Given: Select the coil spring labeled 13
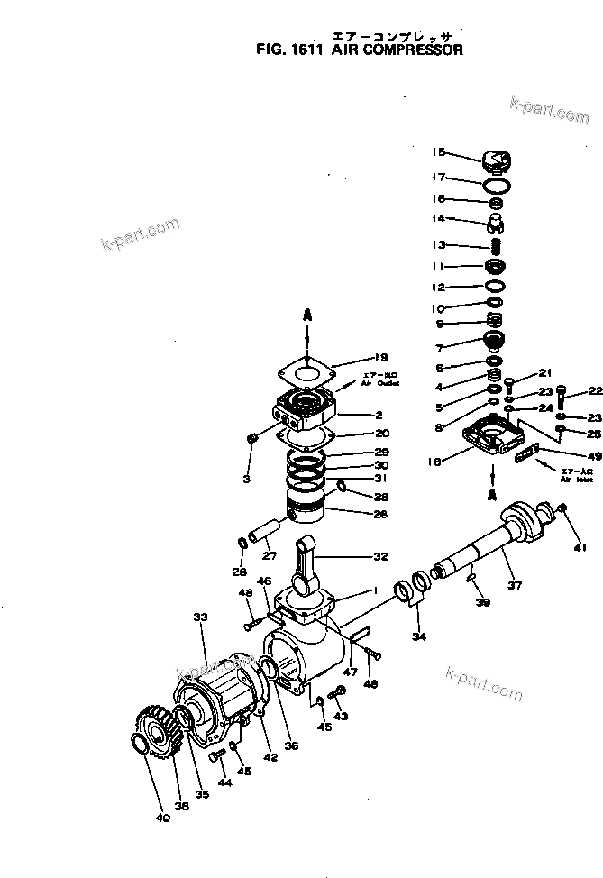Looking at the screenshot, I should (x=494, y=244).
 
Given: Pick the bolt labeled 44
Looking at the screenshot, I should (x=215, y=757).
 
